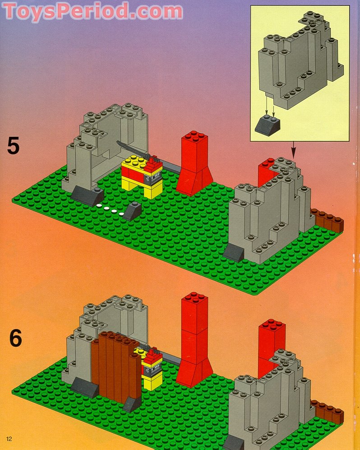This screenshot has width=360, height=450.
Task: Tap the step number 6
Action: tap(15, 338)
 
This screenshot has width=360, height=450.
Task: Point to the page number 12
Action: tap(9, 439)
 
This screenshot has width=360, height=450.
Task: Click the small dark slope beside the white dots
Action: tap(132, 211)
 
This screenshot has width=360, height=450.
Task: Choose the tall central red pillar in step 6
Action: tap(194, 339)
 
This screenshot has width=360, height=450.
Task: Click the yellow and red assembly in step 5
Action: tap(142, 175)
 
